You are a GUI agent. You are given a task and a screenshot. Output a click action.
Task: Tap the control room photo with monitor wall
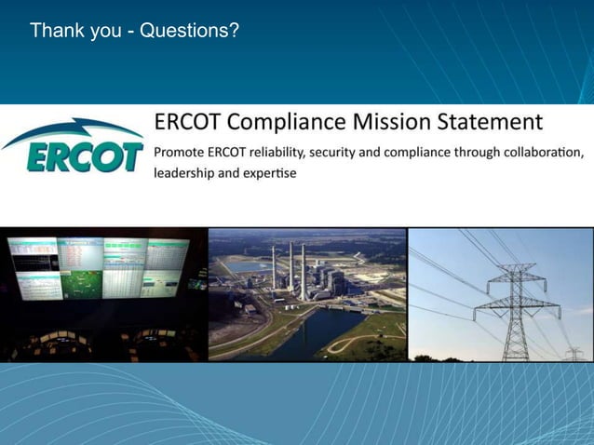[x=103, y=294]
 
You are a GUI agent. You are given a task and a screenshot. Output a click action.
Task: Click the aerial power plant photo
[x=307, y=294]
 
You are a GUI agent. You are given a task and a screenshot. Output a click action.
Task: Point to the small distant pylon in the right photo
[x=574, y=354]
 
